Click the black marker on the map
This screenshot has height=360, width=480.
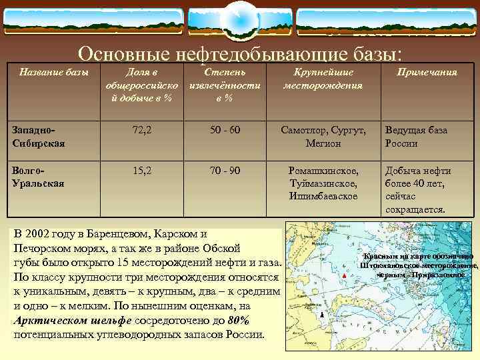pos(321,315)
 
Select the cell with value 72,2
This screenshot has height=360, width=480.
pos(141,131)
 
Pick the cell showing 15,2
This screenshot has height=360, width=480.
pos(141,171)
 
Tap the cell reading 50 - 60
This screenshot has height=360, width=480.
pos(225,131)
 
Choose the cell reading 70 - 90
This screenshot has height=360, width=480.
pos(225,171)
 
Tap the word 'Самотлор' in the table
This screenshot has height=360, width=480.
pos(304,131)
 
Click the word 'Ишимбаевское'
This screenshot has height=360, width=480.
pos(323,196)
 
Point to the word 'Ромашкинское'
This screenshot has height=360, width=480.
pos(323,171)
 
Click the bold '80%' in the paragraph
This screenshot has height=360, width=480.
pos(238,320)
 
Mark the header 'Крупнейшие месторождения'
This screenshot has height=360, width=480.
pos(323,79)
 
